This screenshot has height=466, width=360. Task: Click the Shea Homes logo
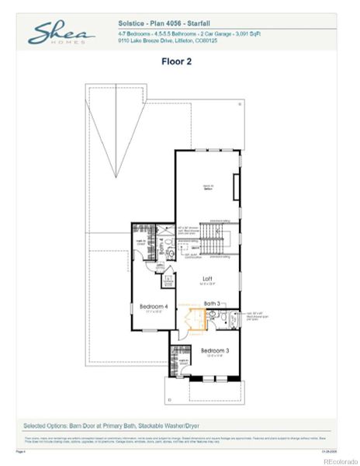tap(61, 33)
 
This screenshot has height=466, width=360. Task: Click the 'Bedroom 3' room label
tap(214, 351)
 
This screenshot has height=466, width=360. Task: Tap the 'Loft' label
tap(208, 279)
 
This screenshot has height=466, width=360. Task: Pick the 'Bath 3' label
tap(213, 303)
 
